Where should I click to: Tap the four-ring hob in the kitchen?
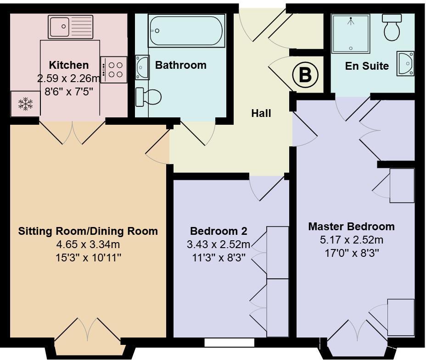click(x=113, y=69)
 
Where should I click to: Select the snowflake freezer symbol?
click(x=25, y=104)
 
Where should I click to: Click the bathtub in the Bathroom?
click(x=186, y=31)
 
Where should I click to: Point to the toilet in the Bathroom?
click(x=149, y=97)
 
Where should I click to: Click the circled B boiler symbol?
click(x=305, y=74)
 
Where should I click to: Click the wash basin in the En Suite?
click(x=406, y=63)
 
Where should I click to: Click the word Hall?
click(x=261, y=113)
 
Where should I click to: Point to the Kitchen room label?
click(x=69, y=65)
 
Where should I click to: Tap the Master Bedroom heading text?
click(x=351, y=226)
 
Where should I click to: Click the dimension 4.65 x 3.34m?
click(x=88, y=244)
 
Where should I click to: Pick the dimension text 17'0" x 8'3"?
click(x=352, y=252)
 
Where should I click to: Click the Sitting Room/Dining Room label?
click(x=88, y=231)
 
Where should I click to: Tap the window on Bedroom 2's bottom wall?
click(x=230, y=343)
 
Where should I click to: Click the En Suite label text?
click(x=367, y=66)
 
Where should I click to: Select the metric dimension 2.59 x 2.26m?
click(x=69, y=78)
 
